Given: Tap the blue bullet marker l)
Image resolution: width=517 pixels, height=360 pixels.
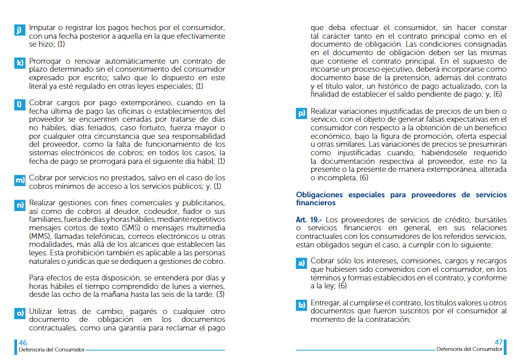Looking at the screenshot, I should (x=19, y=105).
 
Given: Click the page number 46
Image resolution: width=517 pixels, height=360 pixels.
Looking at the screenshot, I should (x=23, y=342).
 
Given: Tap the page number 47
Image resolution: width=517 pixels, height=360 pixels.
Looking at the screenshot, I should (x=499, y=342).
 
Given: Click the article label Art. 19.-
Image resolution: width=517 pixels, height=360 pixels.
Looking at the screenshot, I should (x=309, y=220).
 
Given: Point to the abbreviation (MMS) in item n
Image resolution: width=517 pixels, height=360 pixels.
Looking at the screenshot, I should (x=39, y=236).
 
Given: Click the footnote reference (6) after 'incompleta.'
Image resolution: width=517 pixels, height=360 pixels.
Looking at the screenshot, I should (x=364, y=178).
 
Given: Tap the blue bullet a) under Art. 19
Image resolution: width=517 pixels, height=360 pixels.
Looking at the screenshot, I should (x=301, y=263).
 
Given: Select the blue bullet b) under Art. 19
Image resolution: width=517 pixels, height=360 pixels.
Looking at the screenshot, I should (x=301, y=305).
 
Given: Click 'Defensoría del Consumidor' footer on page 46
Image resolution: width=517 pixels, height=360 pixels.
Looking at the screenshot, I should (x=51, y=349).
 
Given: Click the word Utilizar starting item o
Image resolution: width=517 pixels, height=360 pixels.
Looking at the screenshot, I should (x=43, y=311).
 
